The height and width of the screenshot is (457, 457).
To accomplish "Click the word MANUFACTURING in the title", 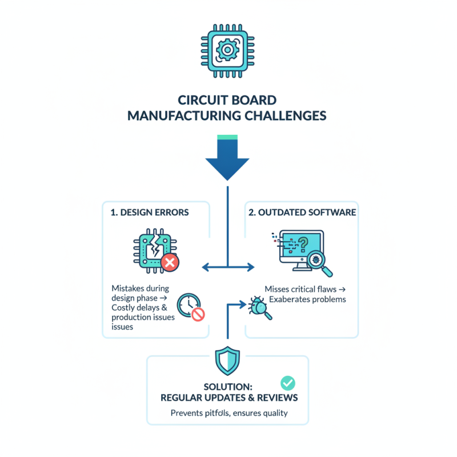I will coord(183,115).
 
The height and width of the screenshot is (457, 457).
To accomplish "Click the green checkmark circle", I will coord(287,382).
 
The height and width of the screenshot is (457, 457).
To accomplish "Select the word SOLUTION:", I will coord(227,386).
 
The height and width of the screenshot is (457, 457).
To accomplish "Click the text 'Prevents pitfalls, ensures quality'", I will coord(227,413).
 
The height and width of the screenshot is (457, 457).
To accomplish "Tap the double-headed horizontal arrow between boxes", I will coord(228,266).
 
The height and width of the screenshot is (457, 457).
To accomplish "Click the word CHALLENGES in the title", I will coord(285,115).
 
